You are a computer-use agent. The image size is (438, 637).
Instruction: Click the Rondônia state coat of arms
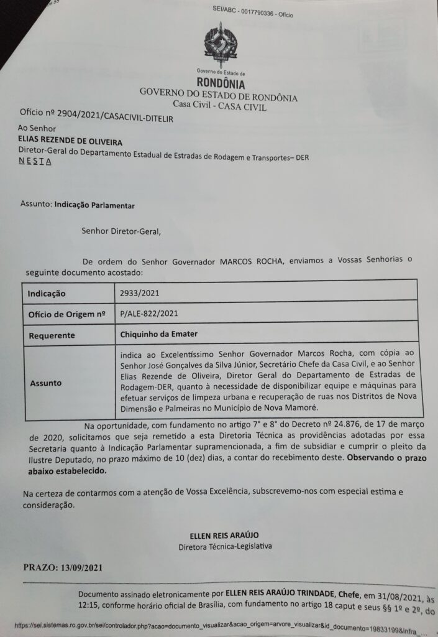click(x=221, y=45)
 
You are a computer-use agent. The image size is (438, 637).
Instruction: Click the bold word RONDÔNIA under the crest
click(x=221, y=83)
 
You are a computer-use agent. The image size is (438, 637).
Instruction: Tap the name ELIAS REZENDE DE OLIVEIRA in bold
click(x=70, y=142)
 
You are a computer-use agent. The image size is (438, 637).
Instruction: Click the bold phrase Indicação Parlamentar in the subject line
click(x=94, y=204)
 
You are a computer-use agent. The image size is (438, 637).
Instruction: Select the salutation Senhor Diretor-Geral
click(x=121, y=232)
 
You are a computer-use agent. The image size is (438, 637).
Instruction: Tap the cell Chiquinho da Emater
click(x=159, y=334)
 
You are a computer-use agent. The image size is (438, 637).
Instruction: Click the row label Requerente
click(x=52, y=335)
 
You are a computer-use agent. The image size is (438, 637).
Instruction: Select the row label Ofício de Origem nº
click(x=66, y=314)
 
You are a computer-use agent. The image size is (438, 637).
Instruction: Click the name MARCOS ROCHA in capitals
click(x=250, y=261)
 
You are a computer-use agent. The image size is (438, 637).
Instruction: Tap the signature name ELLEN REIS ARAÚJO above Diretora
click(x=224, y=536)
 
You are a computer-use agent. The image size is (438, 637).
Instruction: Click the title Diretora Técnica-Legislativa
click(x=224, y=547)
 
